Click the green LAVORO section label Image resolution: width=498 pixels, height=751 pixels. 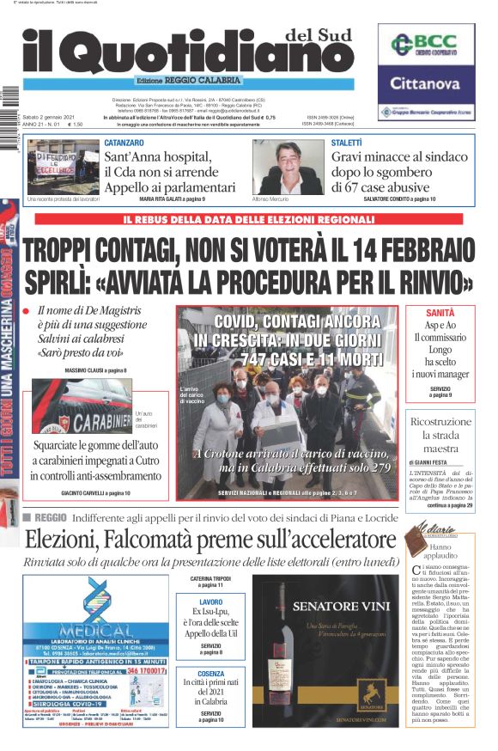pyautogui.click(x=210, y=603)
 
